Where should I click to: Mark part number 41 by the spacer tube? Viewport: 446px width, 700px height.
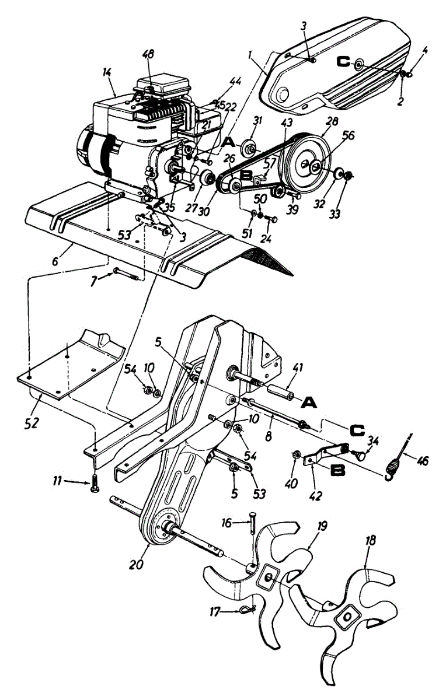pyautogui.click(x=299, y=368)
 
